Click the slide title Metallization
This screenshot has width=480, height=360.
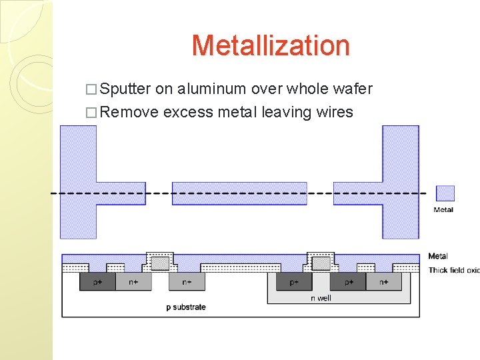270,45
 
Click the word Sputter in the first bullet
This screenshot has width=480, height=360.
127,89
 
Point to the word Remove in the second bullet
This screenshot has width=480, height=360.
131,112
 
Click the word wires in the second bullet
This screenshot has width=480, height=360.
331,112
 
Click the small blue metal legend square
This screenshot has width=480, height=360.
445,193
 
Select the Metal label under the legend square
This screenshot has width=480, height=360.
443,210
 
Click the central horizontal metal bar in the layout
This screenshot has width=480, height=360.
239,193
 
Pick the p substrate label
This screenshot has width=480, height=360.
186,307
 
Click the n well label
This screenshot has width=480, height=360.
321,298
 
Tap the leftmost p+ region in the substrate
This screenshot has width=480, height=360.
97,282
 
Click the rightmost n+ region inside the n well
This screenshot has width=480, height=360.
384,282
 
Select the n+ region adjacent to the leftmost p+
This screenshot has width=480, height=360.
133,282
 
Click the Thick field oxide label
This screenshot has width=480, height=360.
453,270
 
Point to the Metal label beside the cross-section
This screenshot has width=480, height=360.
438,256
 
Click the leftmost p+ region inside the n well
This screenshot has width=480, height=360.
294,282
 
